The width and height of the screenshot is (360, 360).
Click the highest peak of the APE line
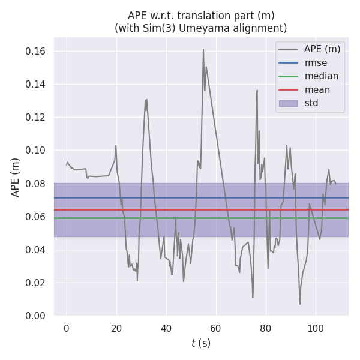203,49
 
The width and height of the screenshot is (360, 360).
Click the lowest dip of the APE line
300,304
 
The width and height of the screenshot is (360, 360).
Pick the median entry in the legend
321,76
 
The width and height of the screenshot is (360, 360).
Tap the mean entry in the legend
317,90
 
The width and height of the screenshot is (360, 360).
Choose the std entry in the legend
311,103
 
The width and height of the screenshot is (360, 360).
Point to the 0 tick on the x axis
67,328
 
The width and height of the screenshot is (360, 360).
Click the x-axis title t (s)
201,343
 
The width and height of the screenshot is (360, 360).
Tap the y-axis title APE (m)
16,177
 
